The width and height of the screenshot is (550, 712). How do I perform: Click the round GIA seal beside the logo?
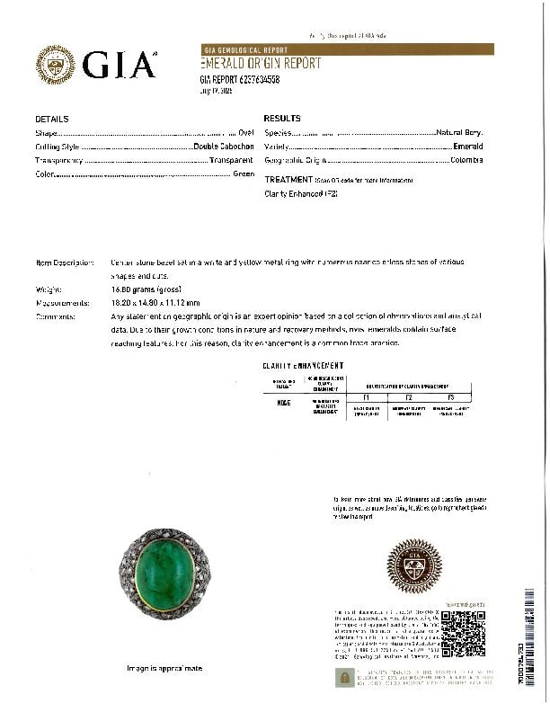point(55,65)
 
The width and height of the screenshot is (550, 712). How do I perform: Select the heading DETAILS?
point(52,119)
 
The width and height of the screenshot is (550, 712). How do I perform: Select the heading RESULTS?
point(282,119)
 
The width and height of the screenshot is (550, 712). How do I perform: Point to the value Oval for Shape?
point(246,132)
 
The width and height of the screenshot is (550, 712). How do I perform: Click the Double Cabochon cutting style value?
point(224,147)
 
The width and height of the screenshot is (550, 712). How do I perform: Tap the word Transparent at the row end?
point(232,160)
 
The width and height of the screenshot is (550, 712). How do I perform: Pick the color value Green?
point(244,174)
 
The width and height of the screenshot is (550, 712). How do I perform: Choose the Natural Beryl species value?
point(459,132)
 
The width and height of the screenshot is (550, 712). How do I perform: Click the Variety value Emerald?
point(467,147)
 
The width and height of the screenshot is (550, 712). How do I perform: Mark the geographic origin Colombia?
point(466,160)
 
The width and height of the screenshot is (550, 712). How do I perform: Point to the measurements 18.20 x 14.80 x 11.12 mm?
point(155,303)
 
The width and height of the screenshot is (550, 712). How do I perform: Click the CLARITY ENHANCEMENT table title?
point(303,366)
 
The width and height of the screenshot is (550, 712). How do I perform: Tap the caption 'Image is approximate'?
point(164,669)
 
